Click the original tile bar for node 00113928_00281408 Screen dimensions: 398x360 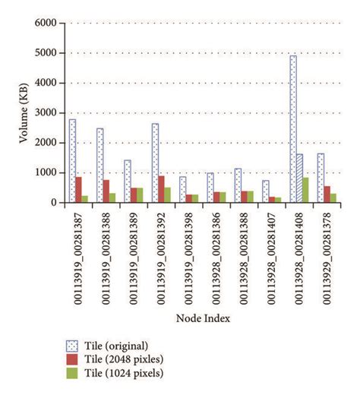[293, 129]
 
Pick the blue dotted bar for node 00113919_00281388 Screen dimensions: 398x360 [99, 166]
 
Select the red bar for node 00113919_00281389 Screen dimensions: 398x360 [134, 195]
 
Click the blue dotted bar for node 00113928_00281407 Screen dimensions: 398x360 [266, 191]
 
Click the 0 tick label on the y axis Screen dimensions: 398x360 [55, 203]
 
